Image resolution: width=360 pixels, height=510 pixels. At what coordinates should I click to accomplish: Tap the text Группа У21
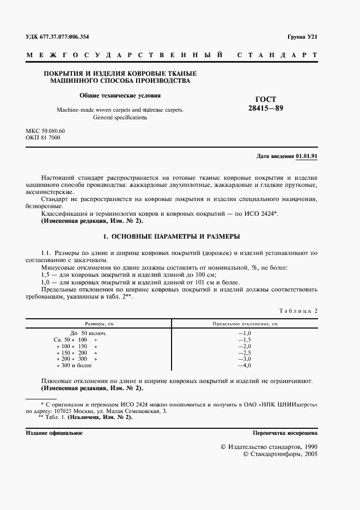click(302, 37)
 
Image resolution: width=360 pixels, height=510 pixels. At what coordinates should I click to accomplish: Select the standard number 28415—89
click(266, 108)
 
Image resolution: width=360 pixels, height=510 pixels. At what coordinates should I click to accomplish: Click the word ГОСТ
click(266, 99)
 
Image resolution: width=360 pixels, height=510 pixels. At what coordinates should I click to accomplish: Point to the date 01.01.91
click(307, 156)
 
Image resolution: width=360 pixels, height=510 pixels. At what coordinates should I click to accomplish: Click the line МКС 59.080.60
click(45, 131)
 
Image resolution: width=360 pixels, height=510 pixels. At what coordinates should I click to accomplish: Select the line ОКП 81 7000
click(43, 138)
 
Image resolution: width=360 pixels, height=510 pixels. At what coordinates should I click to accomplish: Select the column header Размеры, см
click(99, 323)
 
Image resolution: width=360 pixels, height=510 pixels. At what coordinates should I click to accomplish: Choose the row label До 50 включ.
click(88, 332)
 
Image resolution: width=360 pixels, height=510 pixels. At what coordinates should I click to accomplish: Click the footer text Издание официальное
click(54, 433)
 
